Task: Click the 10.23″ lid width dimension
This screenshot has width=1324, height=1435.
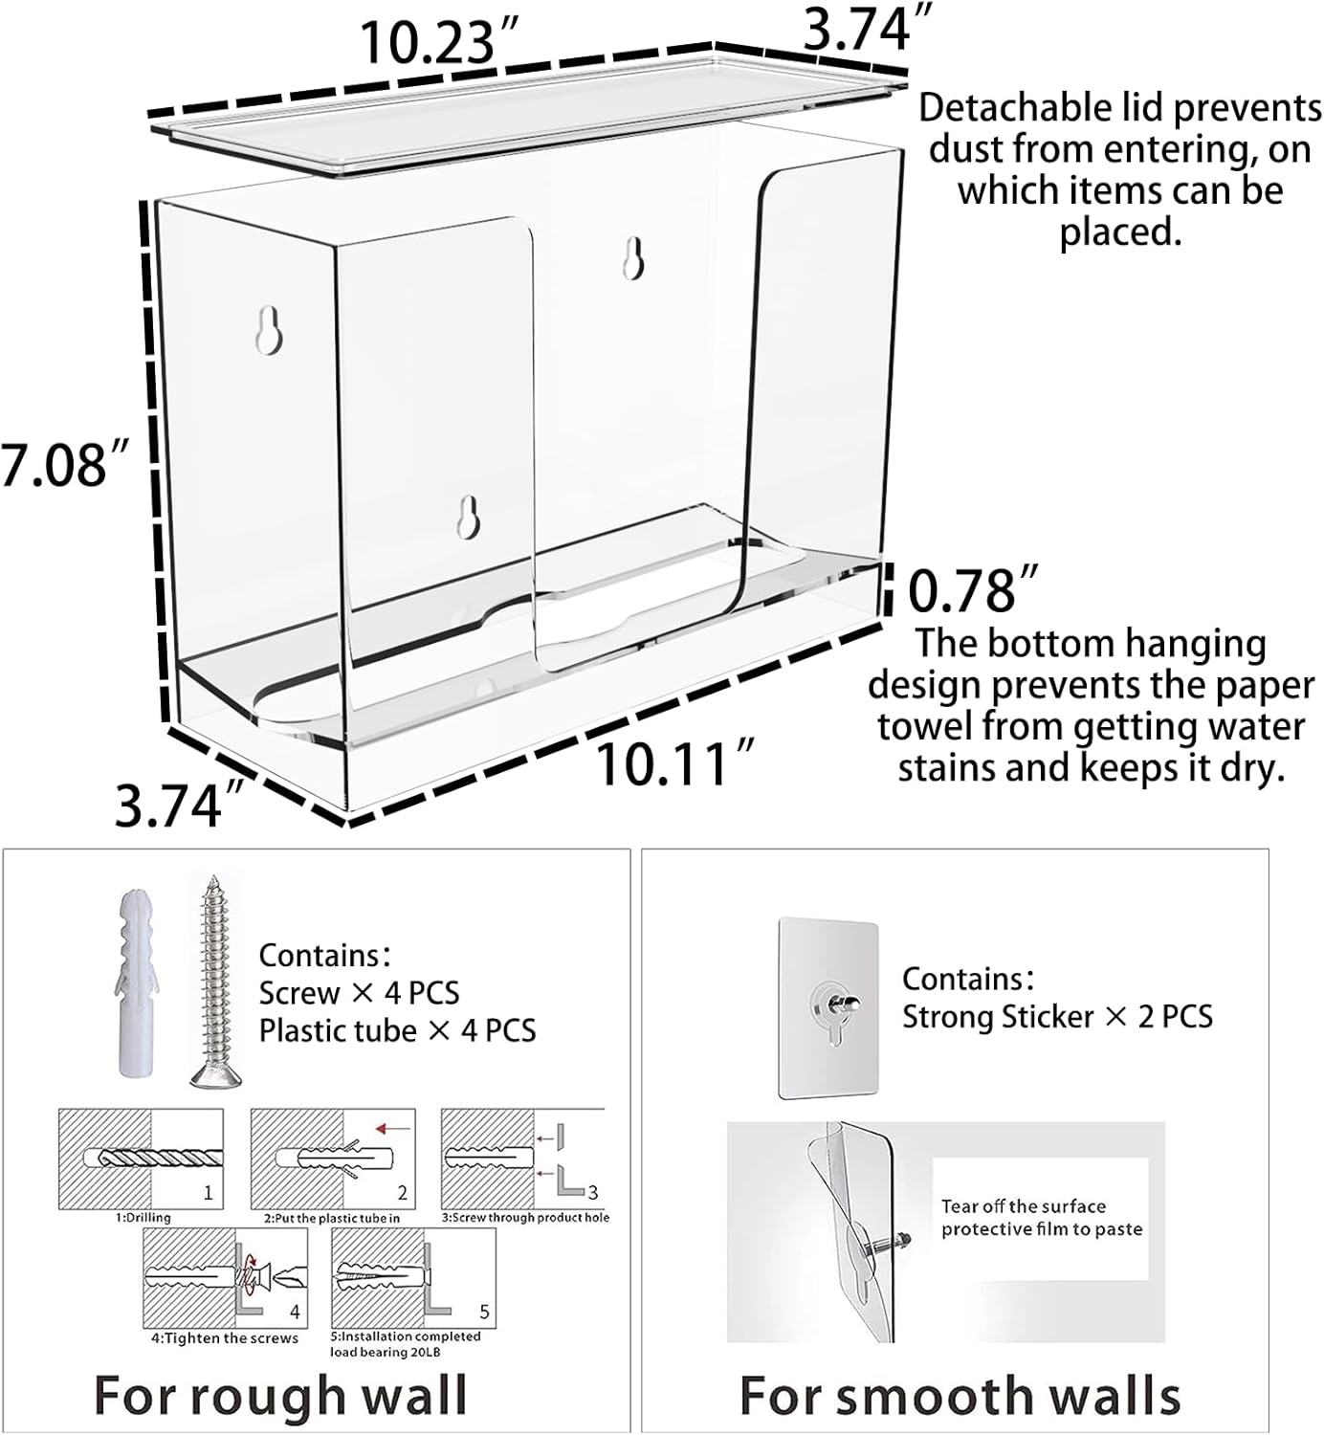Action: pyautogui.click(x=439, y=43)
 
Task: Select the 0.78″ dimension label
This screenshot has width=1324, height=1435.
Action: pyautogui.click(x=972, y=589)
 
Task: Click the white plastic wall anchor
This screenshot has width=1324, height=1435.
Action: pyautogui.click(x=137, y=983)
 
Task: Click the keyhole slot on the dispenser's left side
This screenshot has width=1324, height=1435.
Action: pyautogui.click(x=269, y=330)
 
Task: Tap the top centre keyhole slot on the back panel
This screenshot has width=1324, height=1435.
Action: pyautogui.click(x=634, y=258)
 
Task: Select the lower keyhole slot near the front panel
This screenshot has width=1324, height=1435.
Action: pyautogui.click(x=469, y=518)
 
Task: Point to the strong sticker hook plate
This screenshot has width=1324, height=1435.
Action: pyautogui.click(x=828, y=1008)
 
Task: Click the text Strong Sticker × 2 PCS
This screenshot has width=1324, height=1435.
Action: pyautogui.click(x=1057, y=1017)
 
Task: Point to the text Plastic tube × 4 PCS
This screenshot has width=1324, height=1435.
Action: pyautogui.click(x=398, y=1031)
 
